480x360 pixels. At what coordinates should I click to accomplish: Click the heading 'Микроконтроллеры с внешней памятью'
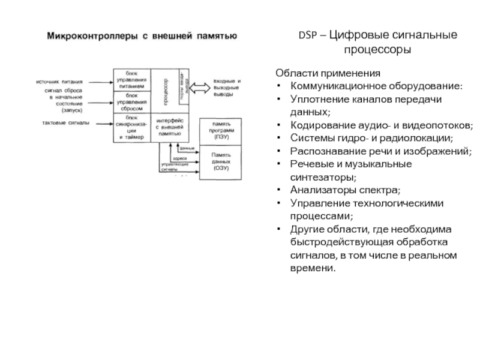tap(143, 37)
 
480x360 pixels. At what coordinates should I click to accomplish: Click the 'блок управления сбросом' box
tap(131, 102)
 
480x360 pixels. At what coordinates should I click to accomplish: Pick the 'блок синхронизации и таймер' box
tap(131, 127)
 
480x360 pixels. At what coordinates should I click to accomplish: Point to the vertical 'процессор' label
tap(165, 90)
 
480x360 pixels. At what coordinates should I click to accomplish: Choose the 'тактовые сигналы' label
tap(65, 123)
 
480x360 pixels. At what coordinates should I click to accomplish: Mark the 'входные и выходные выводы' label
tap(227, 88)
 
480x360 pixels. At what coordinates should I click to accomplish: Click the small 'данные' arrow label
tap(187, 148)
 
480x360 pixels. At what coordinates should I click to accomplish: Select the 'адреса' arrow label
tap(179, 158)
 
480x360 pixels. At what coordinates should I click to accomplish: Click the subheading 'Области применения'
tap(328, 73)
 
